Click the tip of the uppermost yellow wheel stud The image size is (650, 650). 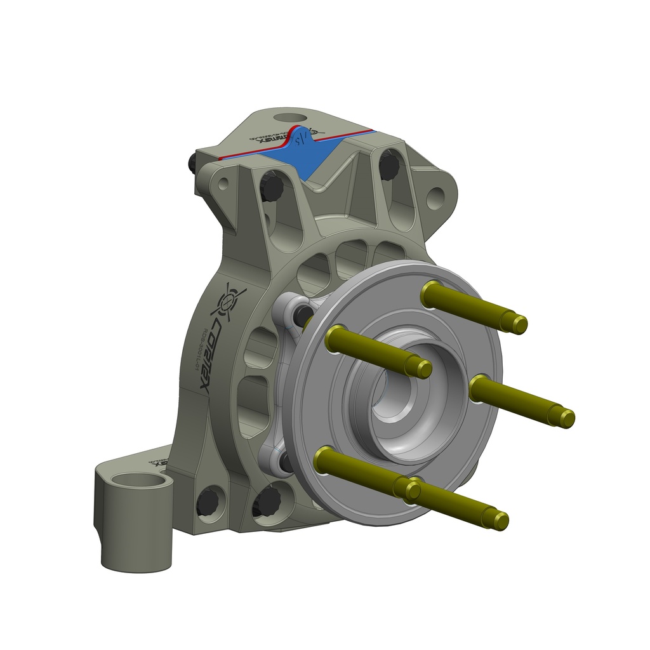[520, 325]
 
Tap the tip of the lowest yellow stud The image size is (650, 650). [501, 521]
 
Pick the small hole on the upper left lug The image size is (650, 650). [223, 185]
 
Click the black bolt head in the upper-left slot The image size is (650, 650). [272, 186]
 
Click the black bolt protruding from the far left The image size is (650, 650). [192, 164]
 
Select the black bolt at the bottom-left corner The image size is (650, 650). [208, 502]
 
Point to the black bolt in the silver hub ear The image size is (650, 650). [303, 315]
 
